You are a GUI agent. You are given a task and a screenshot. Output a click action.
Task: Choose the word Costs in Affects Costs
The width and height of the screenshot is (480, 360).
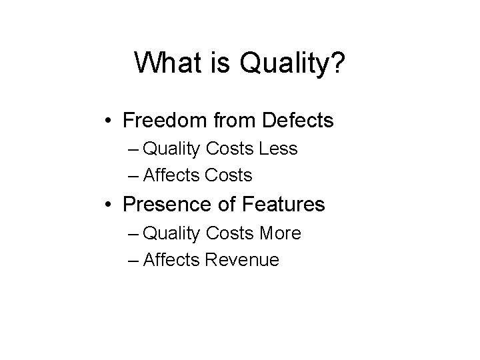tap(229, 175)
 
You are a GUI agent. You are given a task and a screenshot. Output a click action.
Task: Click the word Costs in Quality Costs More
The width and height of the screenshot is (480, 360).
tap(229, 233)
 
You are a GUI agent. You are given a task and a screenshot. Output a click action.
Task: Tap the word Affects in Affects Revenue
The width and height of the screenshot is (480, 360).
tap(171, 260)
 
